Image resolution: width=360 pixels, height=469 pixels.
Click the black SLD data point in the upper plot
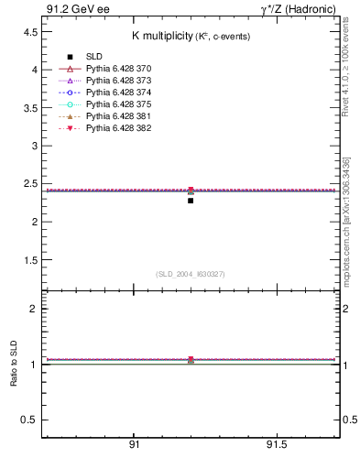[191, 200]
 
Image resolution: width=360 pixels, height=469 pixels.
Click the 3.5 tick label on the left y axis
[28, 107]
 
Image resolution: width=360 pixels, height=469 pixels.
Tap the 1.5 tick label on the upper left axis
[28, 260]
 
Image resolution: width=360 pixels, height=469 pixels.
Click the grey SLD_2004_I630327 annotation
[191, 274]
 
